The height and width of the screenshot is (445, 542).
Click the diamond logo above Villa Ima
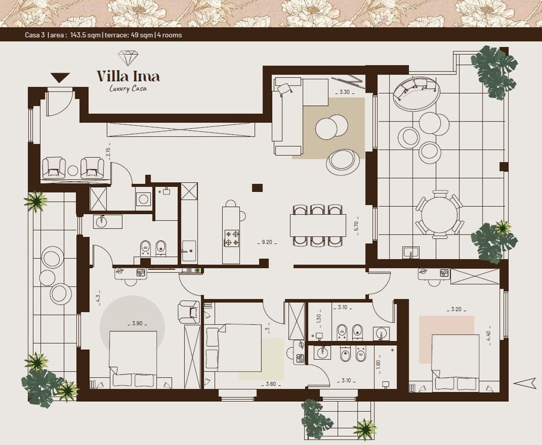coord(128,58)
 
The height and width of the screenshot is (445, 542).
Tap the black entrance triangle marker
coord(60,78)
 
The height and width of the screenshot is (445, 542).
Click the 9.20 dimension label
coord(267,242)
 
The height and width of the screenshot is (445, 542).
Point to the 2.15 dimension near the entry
coord(108,153)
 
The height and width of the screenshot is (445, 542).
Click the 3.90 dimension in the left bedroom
coord(137,324)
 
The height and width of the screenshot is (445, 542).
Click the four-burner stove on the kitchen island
coord(232,238)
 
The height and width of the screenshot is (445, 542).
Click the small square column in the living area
coord(257,188)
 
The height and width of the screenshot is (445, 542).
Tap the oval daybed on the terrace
coord(417,94)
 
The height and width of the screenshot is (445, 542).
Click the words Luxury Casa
coord(128,88)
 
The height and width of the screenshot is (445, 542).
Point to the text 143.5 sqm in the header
coord(86,35)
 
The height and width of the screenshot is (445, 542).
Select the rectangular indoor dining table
coord(318,226)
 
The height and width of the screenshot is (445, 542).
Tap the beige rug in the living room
coord(328,128)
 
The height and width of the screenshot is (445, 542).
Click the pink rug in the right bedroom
coord(447,339)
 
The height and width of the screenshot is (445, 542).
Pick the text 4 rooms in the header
coord(169,35)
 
